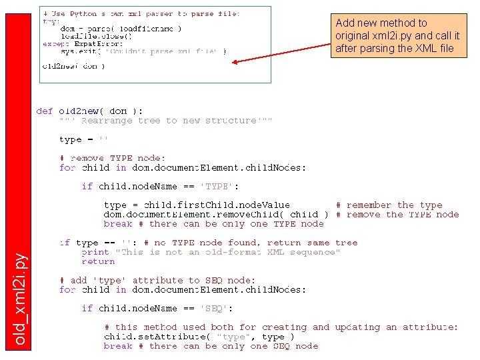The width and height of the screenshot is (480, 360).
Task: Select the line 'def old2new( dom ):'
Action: [x=89, y=111]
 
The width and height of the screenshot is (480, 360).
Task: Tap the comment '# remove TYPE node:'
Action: [x=112, y=158]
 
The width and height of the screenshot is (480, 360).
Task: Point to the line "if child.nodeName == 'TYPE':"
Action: [x=160, y=186]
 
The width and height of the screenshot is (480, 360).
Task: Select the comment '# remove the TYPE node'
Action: [x=397, y=215]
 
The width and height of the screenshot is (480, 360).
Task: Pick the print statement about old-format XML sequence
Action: [x=211, y=252]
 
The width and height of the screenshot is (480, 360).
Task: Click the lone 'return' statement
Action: [x=98, y=261]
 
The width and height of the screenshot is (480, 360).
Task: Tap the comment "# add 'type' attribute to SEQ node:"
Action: [x=157, y=281]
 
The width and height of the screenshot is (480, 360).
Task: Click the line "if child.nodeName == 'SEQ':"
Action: [x=157, y=309]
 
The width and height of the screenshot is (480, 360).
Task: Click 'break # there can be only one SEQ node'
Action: [x=211, y=346]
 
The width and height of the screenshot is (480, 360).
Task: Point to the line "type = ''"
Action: [x=83, y=139]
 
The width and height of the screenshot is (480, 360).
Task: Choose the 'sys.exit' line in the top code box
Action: [x=143, y=51]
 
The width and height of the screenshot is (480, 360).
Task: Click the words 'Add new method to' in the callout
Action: [x=381, y=23]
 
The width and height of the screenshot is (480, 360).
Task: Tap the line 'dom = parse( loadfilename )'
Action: [x=121, y=29]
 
